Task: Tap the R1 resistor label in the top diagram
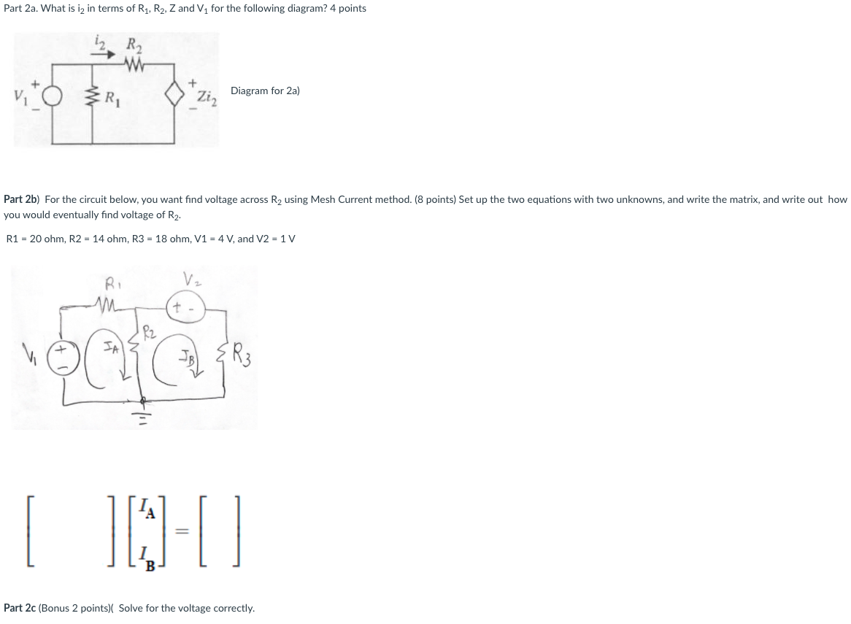(x=112, y=96)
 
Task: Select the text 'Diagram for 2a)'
(x=265, y=91)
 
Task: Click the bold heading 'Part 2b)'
(x=22, y=199)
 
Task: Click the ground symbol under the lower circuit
(x=142, y=416)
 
